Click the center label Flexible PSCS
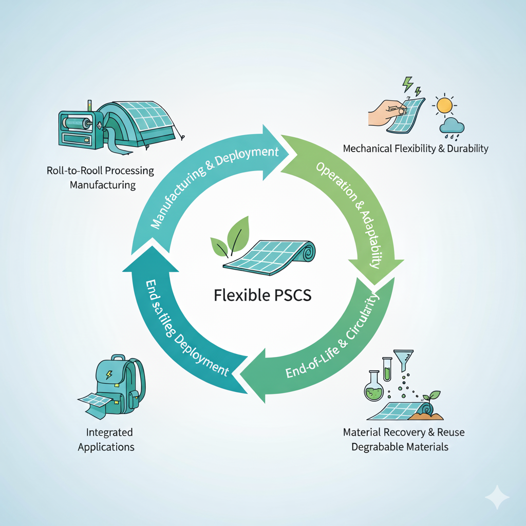pyautogui.click(x=261, y=296)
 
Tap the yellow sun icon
pyautogui.click(x=444, y=106)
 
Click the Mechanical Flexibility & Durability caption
pyautogui.click(x=415, y=149)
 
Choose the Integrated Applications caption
pyautogui.click(x=106, y=440)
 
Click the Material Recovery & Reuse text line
pyautogui.click(x=404, y=432)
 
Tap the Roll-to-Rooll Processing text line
pyautogui.click(x=100, y=171)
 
